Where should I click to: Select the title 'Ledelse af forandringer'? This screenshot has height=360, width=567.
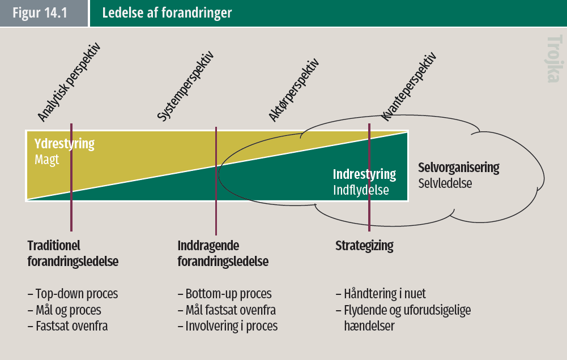[x=167, y=13]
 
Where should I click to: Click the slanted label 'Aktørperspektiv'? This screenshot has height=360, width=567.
[x=294, y=89]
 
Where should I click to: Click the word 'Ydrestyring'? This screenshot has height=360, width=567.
[x=65, y=144]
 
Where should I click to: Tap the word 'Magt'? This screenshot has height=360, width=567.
[x=46, y=160]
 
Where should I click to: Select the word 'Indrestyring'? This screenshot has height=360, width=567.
[x=364, y=174]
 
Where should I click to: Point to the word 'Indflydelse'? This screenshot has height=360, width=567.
[x=361, y=190]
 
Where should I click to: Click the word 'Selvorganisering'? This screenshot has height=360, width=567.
[x=459, y=168]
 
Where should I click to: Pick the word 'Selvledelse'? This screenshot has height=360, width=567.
[x=445, y=183]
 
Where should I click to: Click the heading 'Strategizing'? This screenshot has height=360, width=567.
[x=364, y=246]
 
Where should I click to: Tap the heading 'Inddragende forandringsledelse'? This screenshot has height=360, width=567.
[x=223, y=254]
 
